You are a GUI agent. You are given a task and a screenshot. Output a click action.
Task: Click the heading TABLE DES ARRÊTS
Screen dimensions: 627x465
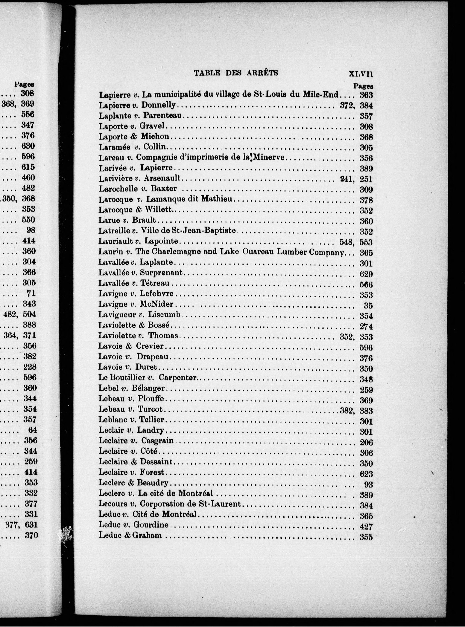point(236,73)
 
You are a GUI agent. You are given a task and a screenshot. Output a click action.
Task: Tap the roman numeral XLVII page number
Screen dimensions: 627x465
point(361,74)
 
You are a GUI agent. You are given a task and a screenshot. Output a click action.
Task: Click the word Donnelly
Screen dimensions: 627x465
point(159,105)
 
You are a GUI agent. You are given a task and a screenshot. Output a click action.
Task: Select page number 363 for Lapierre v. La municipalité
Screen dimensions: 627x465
point(366,95)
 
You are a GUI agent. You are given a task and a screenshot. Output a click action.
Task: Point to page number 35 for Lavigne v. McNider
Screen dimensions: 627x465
point(368,305)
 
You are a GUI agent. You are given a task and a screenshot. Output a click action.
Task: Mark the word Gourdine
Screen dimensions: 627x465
point(151,525)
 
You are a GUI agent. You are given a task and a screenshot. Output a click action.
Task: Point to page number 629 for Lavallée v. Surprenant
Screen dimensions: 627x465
point(366,274)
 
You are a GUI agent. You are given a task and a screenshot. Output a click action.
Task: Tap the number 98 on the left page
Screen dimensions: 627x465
point(31,230)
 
